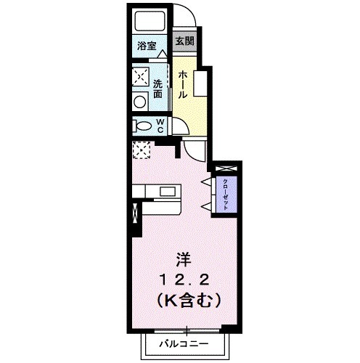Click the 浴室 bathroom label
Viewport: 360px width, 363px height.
[147, 46]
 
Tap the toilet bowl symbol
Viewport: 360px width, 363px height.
[144, 127]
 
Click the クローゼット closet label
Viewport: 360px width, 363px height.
[226, 193]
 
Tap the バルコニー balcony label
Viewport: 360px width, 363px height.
[184, 341]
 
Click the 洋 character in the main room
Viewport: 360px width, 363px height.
[185, 258]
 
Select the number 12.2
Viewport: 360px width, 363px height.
[185, 278]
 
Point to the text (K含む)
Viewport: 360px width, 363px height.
[186, 298]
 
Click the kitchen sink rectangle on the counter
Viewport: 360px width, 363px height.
[168, 192]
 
